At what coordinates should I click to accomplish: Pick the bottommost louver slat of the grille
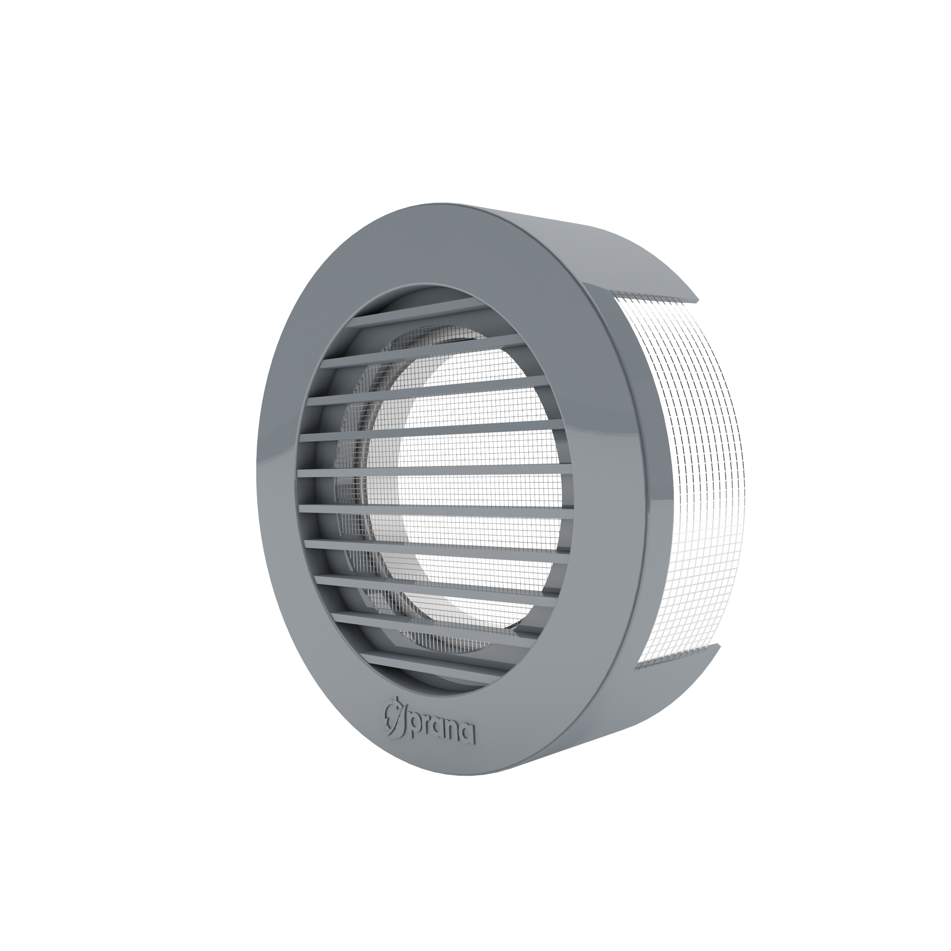pos(428,661)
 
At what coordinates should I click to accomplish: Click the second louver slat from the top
pos(423,352)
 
